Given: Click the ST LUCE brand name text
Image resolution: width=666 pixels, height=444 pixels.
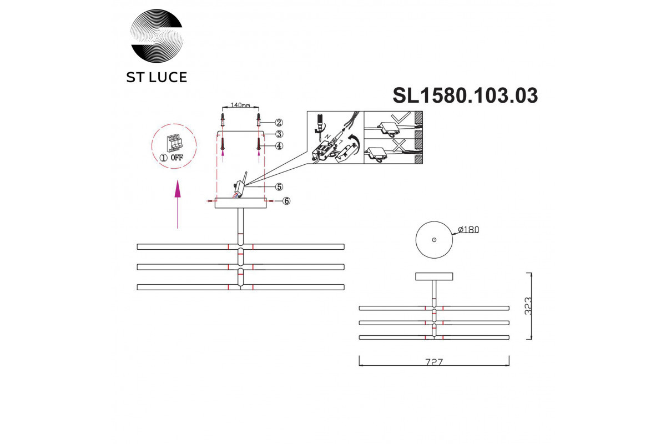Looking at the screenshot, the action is pyautogui.click(x=157, y=77).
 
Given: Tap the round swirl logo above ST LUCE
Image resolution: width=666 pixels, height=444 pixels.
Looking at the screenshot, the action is pyautogui.click(x=157, y=36).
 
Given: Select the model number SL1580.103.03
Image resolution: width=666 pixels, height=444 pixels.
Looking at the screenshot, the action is pyautogui.click(x=465, y=96).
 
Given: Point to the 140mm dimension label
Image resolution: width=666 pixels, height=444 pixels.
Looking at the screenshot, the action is pyautogui.click(x=240, y=105).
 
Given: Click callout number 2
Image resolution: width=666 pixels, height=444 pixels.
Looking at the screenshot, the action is pyautogui.click(x=279, y=123).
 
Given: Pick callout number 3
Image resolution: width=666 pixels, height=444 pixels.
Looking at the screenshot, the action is pyautogui.click(x=279, y=134).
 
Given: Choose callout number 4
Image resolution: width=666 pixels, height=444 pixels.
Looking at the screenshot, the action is pyautogui.click(x=279, y=146).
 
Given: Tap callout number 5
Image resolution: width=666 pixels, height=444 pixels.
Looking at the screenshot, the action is pyautogui.click(x=279, y=187).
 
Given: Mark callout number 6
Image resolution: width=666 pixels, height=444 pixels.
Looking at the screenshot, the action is pyautogui.click(x=286, y=201).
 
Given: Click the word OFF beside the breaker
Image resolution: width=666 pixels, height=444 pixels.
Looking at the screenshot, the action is pyautogui.click(x=177, y=157).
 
